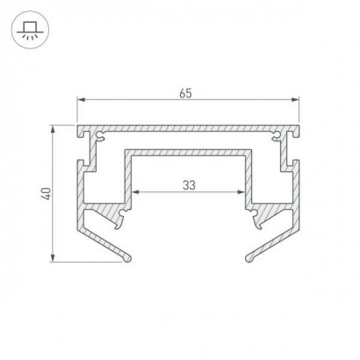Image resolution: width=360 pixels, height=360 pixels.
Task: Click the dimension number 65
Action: pos(185,93)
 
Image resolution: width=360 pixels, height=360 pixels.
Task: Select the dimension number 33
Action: pos(189,185)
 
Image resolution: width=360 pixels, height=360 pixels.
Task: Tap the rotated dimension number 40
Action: pos(47,194)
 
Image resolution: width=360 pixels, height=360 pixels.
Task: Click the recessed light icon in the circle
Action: pos(30,30)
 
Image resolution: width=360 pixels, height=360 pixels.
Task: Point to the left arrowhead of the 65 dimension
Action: pos(81,100)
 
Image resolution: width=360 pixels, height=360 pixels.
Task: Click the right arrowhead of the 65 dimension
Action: pos(295,100)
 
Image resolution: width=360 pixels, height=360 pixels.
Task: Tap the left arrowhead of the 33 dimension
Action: pos(135,192)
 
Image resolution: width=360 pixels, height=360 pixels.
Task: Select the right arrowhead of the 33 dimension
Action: pos(241,192)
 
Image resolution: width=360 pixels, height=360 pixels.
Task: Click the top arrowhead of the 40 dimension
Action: pos(53,129)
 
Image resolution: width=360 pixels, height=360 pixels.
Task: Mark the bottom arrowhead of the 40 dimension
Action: pos(53,257)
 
